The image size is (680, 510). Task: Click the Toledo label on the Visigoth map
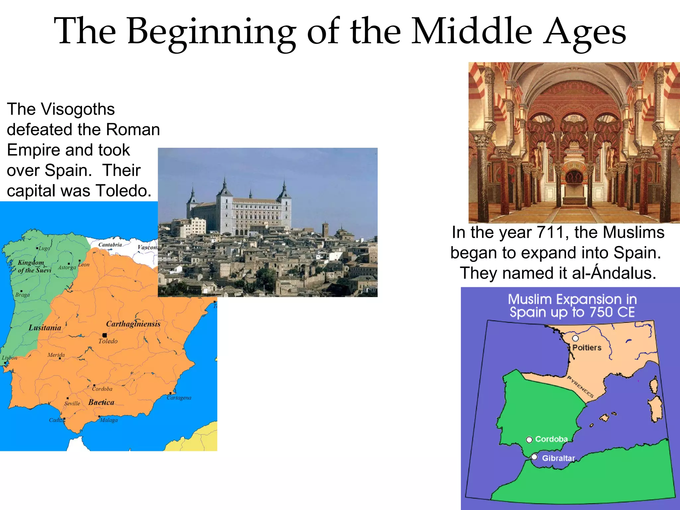coord(108,341)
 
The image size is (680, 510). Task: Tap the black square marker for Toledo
coord(105,335)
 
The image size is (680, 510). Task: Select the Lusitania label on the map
coord(45,328)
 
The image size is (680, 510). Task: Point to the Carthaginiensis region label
coord(133,324)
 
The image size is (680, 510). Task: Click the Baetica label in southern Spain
coord(101,402)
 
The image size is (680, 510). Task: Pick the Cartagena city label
coord(179,398)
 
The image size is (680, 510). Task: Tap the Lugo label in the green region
coord(44,248)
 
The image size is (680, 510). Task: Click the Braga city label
coord(23,295)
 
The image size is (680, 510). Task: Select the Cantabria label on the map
coord(110,245)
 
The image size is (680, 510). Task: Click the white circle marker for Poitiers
coord(575,338)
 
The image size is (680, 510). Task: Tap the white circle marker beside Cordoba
coord(529,440)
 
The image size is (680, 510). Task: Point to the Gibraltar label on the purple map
coord(558,458)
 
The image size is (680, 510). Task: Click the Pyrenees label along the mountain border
coord(580,387)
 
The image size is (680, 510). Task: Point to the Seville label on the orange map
coord(72,404)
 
